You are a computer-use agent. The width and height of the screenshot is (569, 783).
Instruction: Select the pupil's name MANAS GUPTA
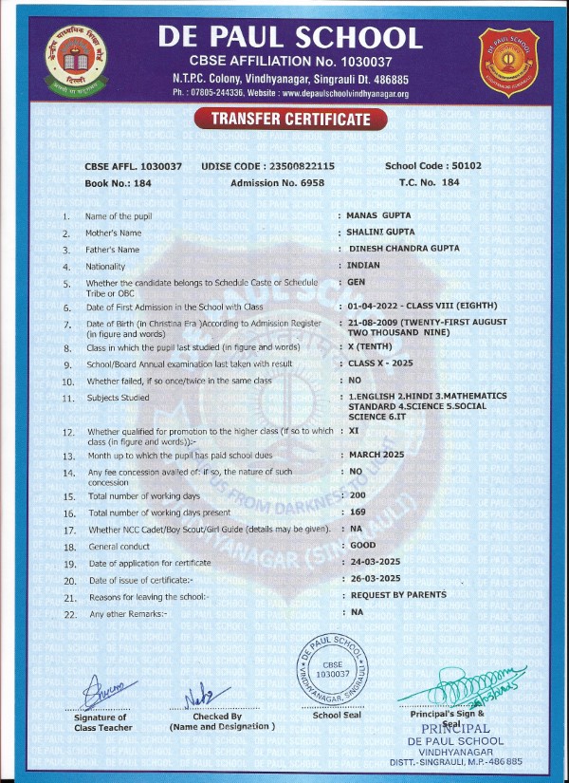pos(378,216)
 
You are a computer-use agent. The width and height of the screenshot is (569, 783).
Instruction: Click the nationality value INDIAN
pos(364,266)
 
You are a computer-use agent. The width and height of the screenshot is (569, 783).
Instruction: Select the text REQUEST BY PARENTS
pos(398,595)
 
